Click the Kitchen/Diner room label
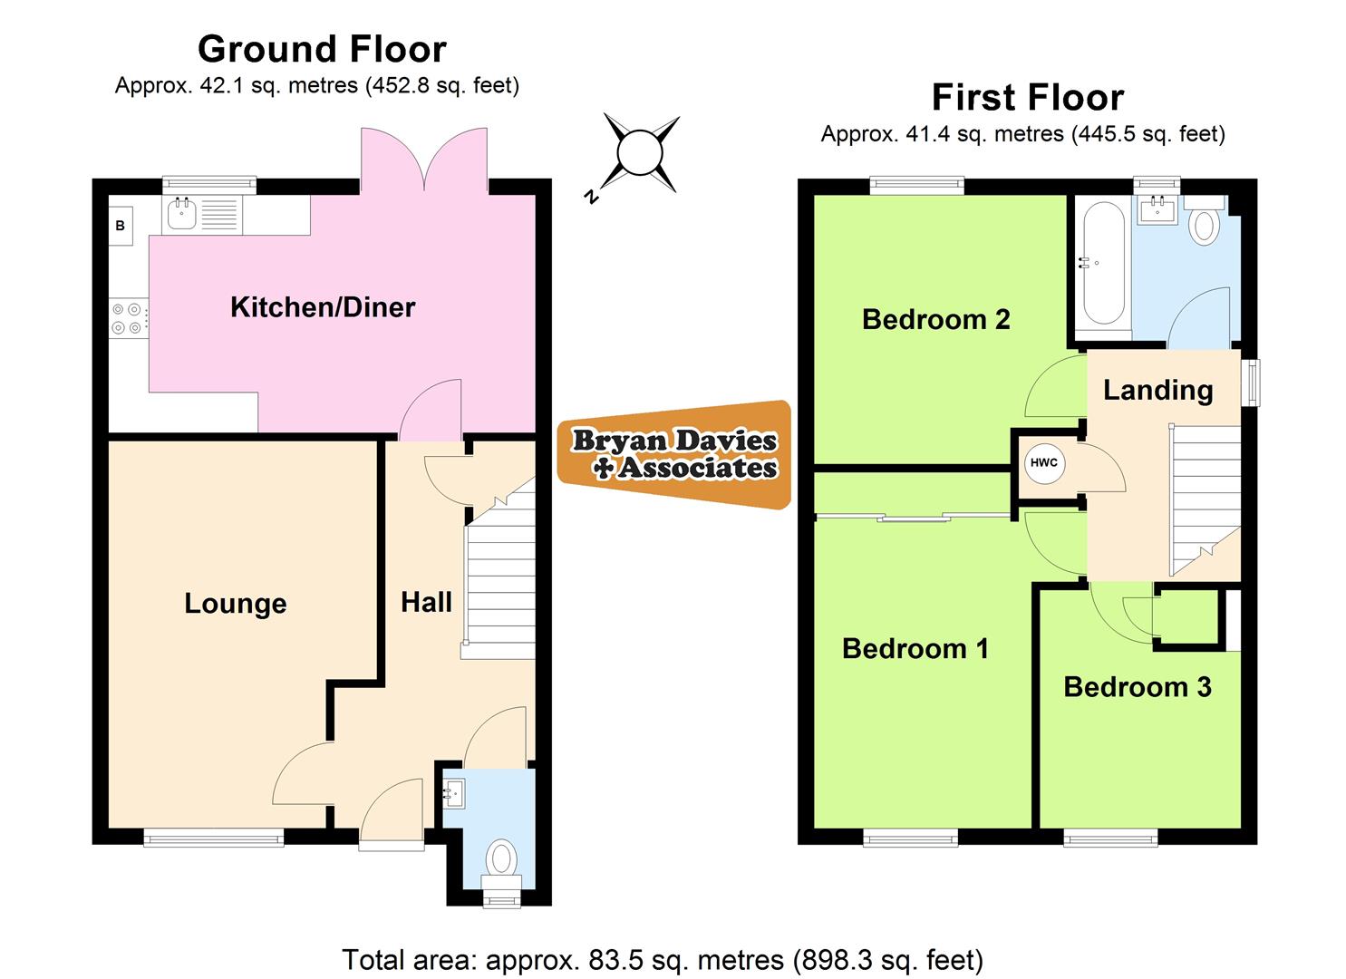323,307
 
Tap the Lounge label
235,604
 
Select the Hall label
426,602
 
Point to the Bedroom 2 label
935,319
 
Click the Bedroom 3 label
1137,687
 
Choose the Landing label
1157,390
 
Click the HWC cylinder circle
1043,463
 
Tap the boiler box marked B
120,226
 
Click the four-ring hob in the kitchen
128,318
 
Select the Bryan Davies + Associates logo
674,454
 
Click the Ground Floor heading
322,49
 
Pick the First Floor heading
1028,97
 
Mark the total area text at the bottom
663,959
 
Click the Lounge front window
214,838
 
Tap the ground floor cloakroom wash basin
455,794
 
